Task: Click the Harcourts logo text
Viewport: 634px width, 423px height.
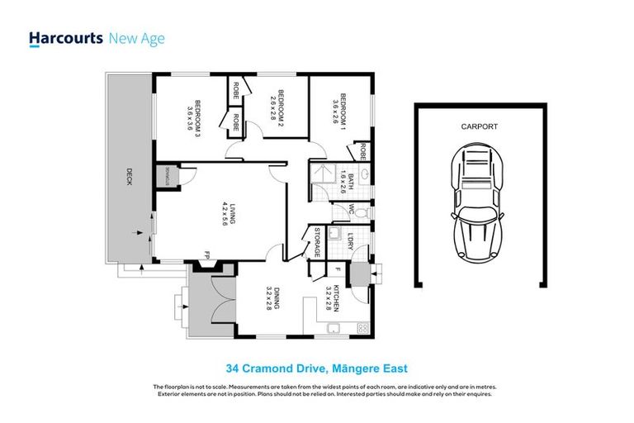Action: (x=65, y=38)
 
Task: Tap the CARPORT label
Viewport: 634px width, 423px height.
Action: (x=480, y=128)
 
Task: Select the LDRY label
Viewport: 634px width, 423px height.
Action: (x=351, y=242)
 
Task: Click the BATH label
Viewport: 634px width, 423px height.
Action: (x=349, y=183)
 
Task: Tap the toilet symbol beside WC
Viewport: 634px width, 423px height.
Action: (x=365, y=212)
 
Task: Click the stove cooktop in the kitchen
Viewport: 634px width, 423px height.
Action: (x=361, y=330)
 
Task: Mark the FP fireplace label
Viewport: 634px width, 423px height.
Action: (x=208, y=254)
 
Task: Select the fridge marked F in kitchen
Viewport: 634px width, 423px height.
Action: (x=338, y=269)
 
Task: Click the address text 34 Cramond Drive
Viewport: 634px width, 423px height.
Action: (x=317, y=368)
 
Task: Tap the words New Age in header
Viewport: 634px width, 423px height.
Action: (x=137, y=38)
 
